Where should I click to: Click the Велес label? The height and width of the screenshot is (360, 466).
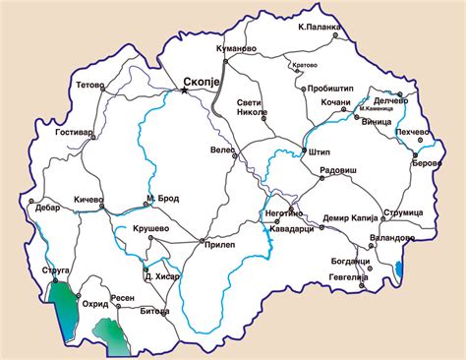(225, 151)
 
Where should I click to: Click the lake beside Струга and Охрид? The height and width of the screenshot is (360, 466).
(62, 310)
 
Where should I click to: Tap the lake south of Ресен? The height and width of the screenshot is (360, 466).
(109, 337)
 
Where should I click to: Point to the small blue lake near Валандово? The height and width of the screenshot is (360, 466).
(399, 269)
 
